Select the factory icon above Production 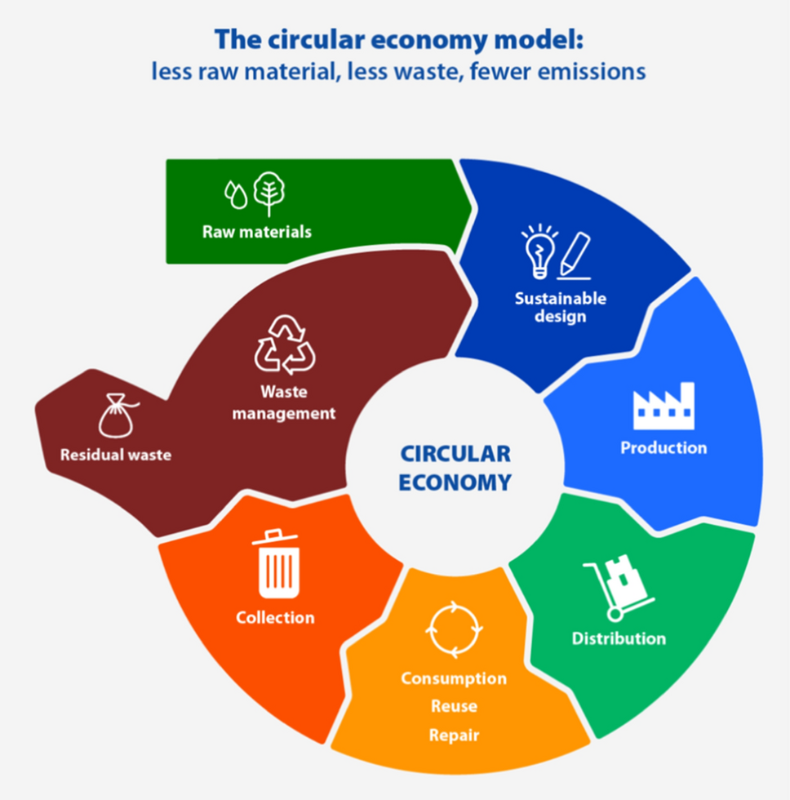pos(664,406)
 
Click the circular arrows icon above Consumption pos(455,629)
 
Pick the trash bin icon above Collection pos(276,564)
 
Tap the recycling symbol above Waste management pos(285,344)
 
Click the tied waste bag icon pos(116,415)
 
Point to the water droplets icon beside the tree pos(236,194)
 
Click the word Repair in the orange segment pos(454,736)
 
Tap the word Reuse pos(454,706)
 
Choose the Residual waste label pos(116,455)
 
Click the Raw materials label pos(257,232)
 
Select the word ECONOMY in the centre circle pos(455,482)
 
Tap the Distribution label pos(619,638)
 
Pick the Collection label pos(275,618)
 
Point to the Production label pos(664,448)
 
